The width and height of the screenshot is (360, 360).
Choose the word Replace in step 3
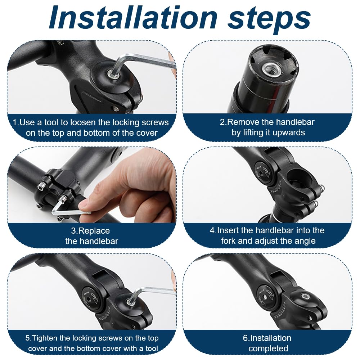94,231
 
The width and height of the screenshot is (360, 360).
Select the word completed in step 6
268,348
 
